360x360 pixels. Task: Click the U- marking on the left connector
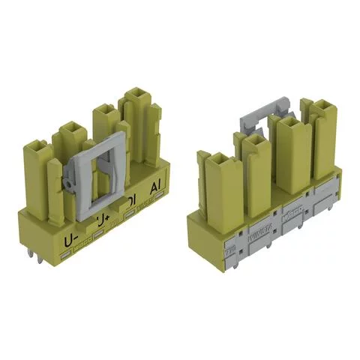(x=73, y=241)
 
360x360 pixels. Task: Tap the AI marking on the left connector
(x=157, y=187)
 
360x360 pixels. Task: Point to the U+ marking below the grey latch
(x=102, y=223)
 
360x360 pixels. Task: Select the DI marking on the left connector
(x=131, y=200)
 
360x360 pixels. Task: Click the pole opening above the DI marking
(x=106, y=112)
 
